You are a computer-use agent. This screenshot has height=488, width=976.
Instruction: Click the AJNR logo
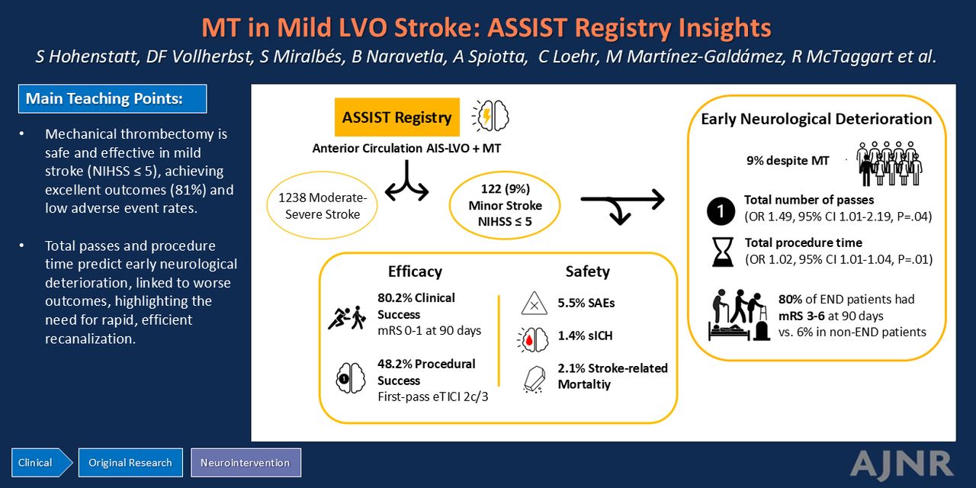point(901,464)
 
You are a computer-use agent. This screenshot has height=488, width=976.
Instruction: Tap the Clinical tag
point(42,462)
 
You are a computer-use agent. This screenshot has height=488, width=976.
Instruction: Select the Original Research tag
point(130,462)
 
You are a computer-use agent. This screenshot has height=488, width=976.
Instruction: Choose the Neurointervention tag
point(246,462)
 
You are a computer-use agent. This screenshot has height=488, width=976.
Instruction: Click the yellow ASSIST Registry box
point(397,117)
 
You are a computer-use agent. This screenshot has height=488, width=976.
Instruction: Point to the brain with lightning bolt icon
point(491,116)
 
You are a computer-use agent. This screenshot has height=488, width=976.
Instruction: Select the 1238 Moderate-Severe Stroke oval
point(322,206)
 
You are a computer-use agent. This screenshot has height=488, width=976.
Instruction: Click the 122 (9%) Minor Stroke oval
point(505,205)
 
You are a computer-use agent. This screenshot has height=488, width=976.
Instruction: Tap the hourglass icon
point(722,252)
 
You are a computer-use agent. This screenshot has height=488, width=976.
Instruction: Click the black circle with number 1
point(721,211)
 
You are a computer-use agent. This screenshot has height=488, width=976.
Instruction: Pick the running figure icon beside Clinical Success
point(347,316)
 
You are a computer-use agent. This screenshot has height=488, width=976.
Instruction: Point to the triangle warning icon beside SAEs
point(535,303)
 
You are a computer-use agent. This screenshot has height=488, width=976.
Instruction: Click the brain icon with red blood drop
point(532,339)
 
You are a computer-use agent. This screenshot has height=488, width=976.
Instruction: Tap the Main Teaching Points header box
point(112,99)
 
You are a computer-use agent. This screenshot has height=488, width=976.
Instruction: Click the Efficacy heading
point(415,271)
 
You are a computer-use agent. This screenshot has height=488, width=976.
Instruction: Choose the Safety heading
point(587,271)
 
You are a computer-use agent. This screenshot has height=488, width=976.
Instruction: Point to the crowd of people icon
point(889,163)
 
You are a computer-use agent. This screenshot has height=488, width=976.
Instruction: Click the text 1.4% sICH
point(585,335)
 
